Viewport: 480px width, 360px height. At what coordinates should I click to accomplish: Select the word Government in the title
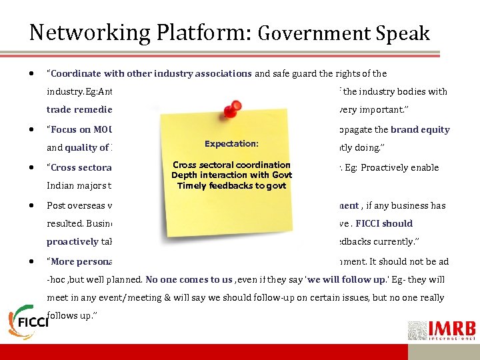[x=310, y=33]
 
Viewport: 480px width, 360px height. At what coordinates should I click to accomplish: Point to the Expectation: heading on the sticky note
[x=231, y=143]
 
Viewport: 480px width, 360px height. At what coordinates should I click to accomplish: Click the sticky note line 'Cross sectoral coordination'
[x=231, y=165]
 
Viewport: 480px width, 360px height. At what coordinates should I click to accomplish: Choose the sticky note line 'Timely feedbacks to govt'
[x=231, y=185]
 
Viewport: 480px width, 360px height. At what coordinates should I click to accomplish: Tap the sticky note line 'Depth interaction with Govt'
[x=231, y=175]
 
